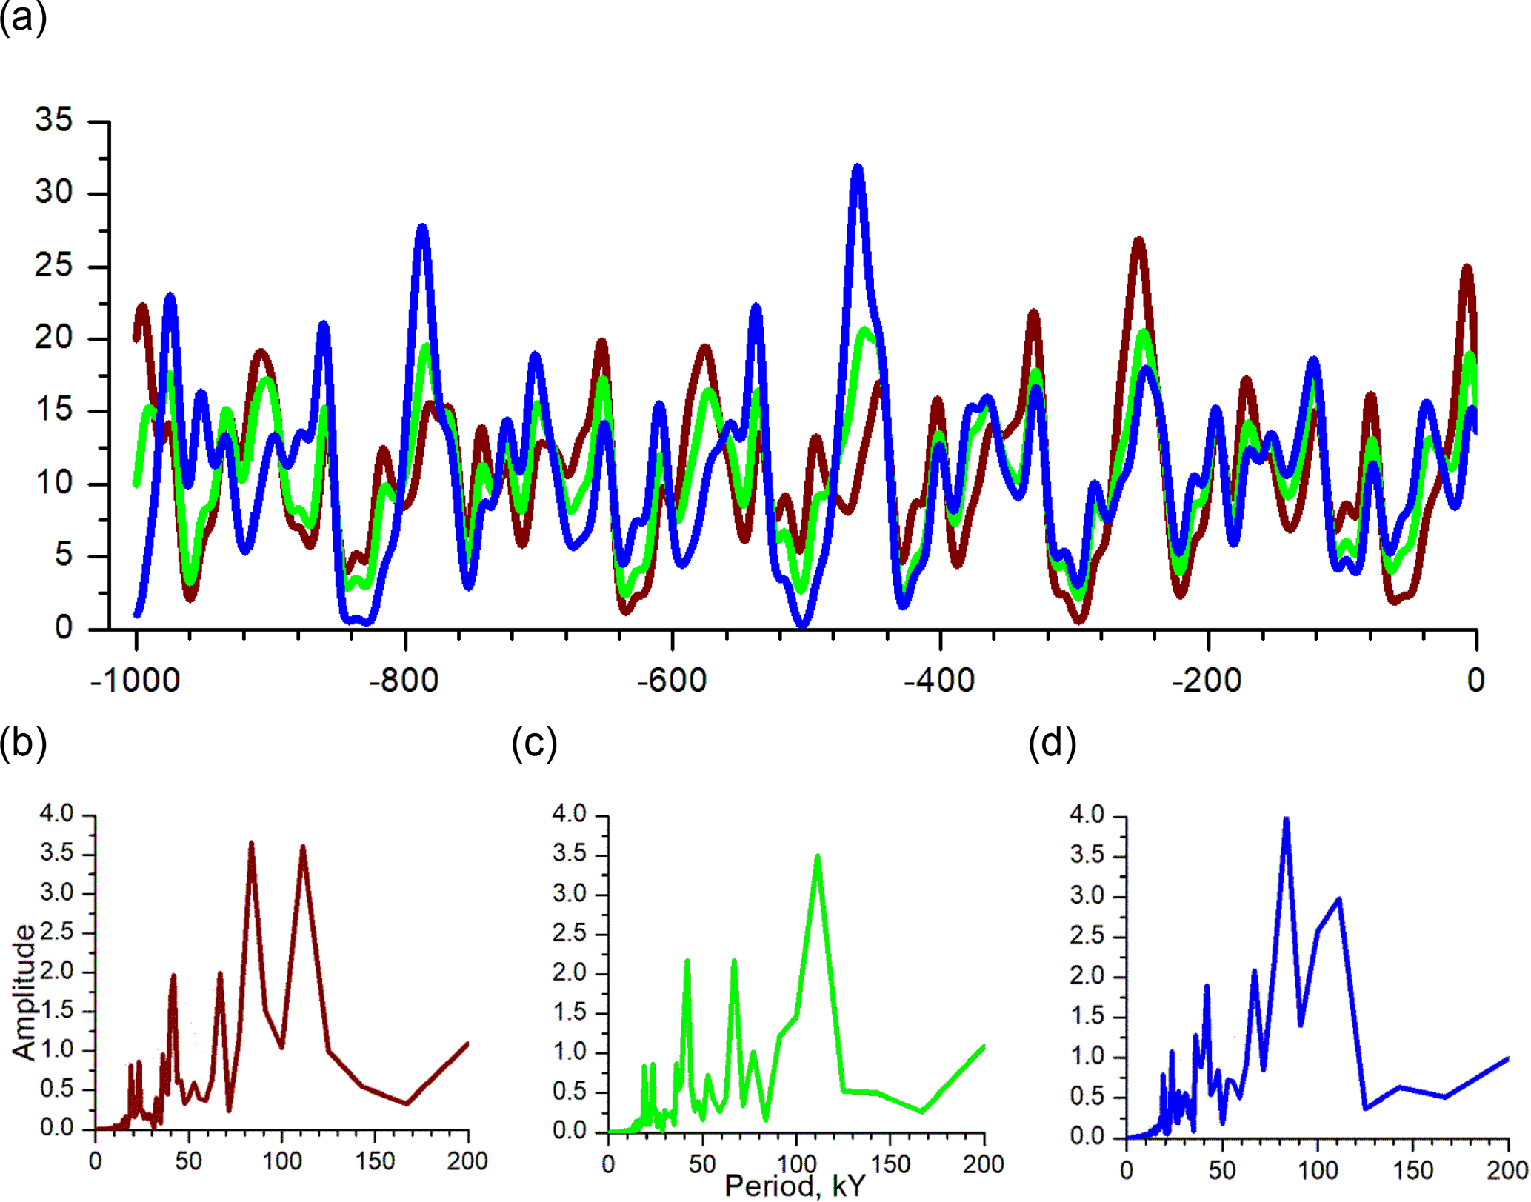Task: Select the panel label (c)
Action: [x=534, y=744]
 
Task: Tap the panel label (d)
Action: [x=1052, y=744]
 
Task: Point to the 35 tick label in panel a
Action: [x=54, y=120]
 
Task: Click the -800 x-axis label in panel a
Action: [x=404, y=681]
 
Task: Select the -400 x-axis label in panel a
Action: [x=939, y=681]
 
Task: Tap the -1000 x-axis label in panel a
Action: [x=135, y=681]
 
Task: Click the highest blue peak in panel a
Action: [x=858, y=170]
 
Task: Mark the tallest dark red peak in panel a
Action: [x=1139, y=241]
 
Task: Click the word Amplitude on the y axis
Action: [x=24, y=993]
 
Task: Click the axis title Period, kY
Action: [x=795, y=1186]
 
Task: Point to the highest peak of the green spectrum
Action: [x=818, y=857]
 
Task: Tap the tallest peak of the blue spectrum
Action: [x=1287, y=820]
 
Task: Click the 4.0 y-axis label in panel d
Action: [x=1086, y=816]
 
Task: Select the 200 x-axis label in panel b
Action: [x=467, y=1161]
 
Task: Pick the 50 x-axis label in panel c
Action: [x=701, y=1164]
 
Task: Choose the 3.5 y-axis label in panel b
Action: [x=57, y=853]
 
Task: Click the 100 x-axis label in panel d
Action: [x=1318, y=1170]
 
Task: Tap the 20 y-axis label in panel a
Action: [x=54, y=338]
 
